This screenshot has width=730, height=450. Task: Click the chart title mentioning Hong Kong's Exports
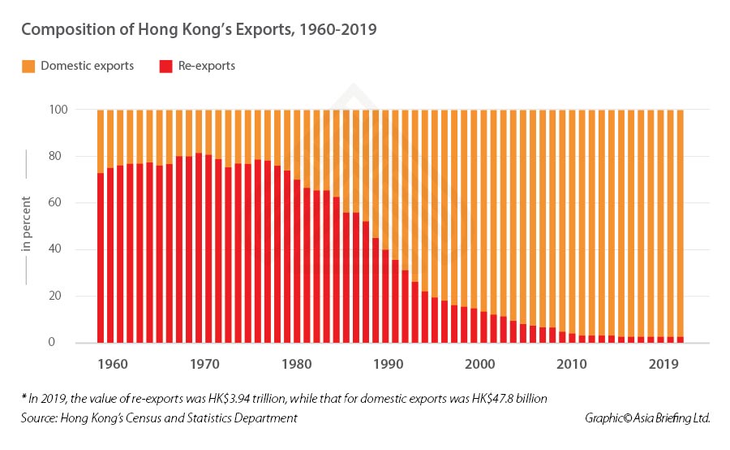199,29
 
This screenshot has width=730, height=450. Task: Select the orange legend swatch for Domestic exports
27,66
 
